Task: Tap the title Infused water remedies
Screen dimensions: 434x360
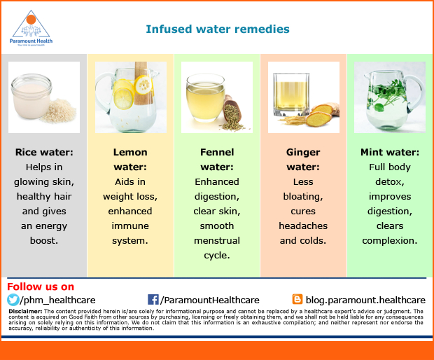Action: click(218, 29)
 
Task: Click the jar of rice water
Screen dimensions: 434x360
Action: click(31, 96)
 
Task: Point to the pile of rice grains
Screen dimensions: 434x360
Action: click(59, 111)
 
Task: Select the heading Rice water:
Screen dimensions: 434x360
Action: click(44, 152)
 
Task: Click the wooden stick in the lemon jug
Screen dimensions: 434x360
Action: click(141, 83)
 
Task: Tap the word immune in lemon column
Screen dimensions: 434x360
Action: click(130, 226)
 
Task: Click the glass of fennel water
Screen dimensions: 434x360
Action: click(205, 97)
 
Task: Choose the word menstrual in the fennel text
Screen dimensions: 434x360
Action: click(217, 240)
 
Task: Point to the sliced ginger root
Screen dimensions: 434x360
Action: click(321, 115)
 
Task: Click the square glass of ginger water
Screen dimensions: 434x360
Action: click(291, 95)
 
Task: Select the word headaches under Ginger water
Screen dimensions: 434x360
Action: click(303, 226)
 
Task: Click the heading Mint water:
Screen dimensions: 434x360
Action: click(390, 152)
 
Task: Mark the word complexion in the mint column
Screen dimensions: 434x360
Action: click(389, 241)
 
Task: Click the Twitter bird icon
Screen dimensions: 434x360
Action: click(13, 300)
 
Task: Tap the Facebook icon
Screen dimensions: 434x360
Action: click(153, 300)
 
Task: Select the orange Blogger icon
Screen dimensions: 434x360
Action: click(297, 299)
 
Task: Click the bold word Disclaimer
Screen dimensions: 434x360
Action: click(25, 311)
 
